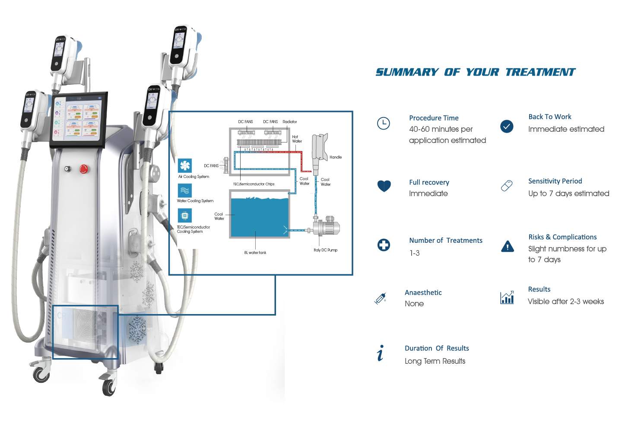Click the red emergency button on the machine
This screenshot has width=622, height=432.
(84, 169)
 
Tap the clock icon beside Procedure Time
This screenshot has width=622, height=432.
(383, 123)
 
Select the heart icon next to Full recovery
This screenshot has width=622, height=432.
(384, 186)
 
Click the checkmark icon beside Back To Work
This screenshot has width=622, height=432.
(507, 126)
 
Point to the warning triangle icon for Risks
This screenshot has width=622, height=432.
(507, 246)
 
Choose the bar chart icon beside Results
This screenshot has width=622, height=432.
(507, 297)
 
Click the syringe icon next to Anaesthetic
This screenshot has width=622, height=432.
(380, 298)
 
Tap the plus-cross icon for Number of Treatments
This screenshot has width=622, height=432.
(384, 245)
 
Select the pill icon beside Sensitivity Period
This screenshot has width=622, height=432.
(507, 186)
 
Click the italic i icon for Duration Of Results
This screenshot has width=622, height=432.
(380, 353)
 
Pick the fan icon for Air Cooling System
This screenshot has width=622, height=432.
(185, 165)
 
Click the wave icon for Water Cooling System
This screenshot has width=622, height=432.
(185, 191)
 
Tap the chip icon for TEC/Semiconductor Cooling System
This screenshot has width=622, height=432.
(185, 215)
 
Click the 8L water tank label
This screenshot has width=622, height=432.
(255, 253)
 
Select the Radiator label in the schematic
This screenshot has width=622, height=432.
(289, 122)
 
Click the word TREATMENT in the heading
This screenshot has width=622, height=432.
(540, 72)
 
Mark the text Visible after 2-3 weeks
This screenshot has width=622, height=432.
(565, 302)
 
